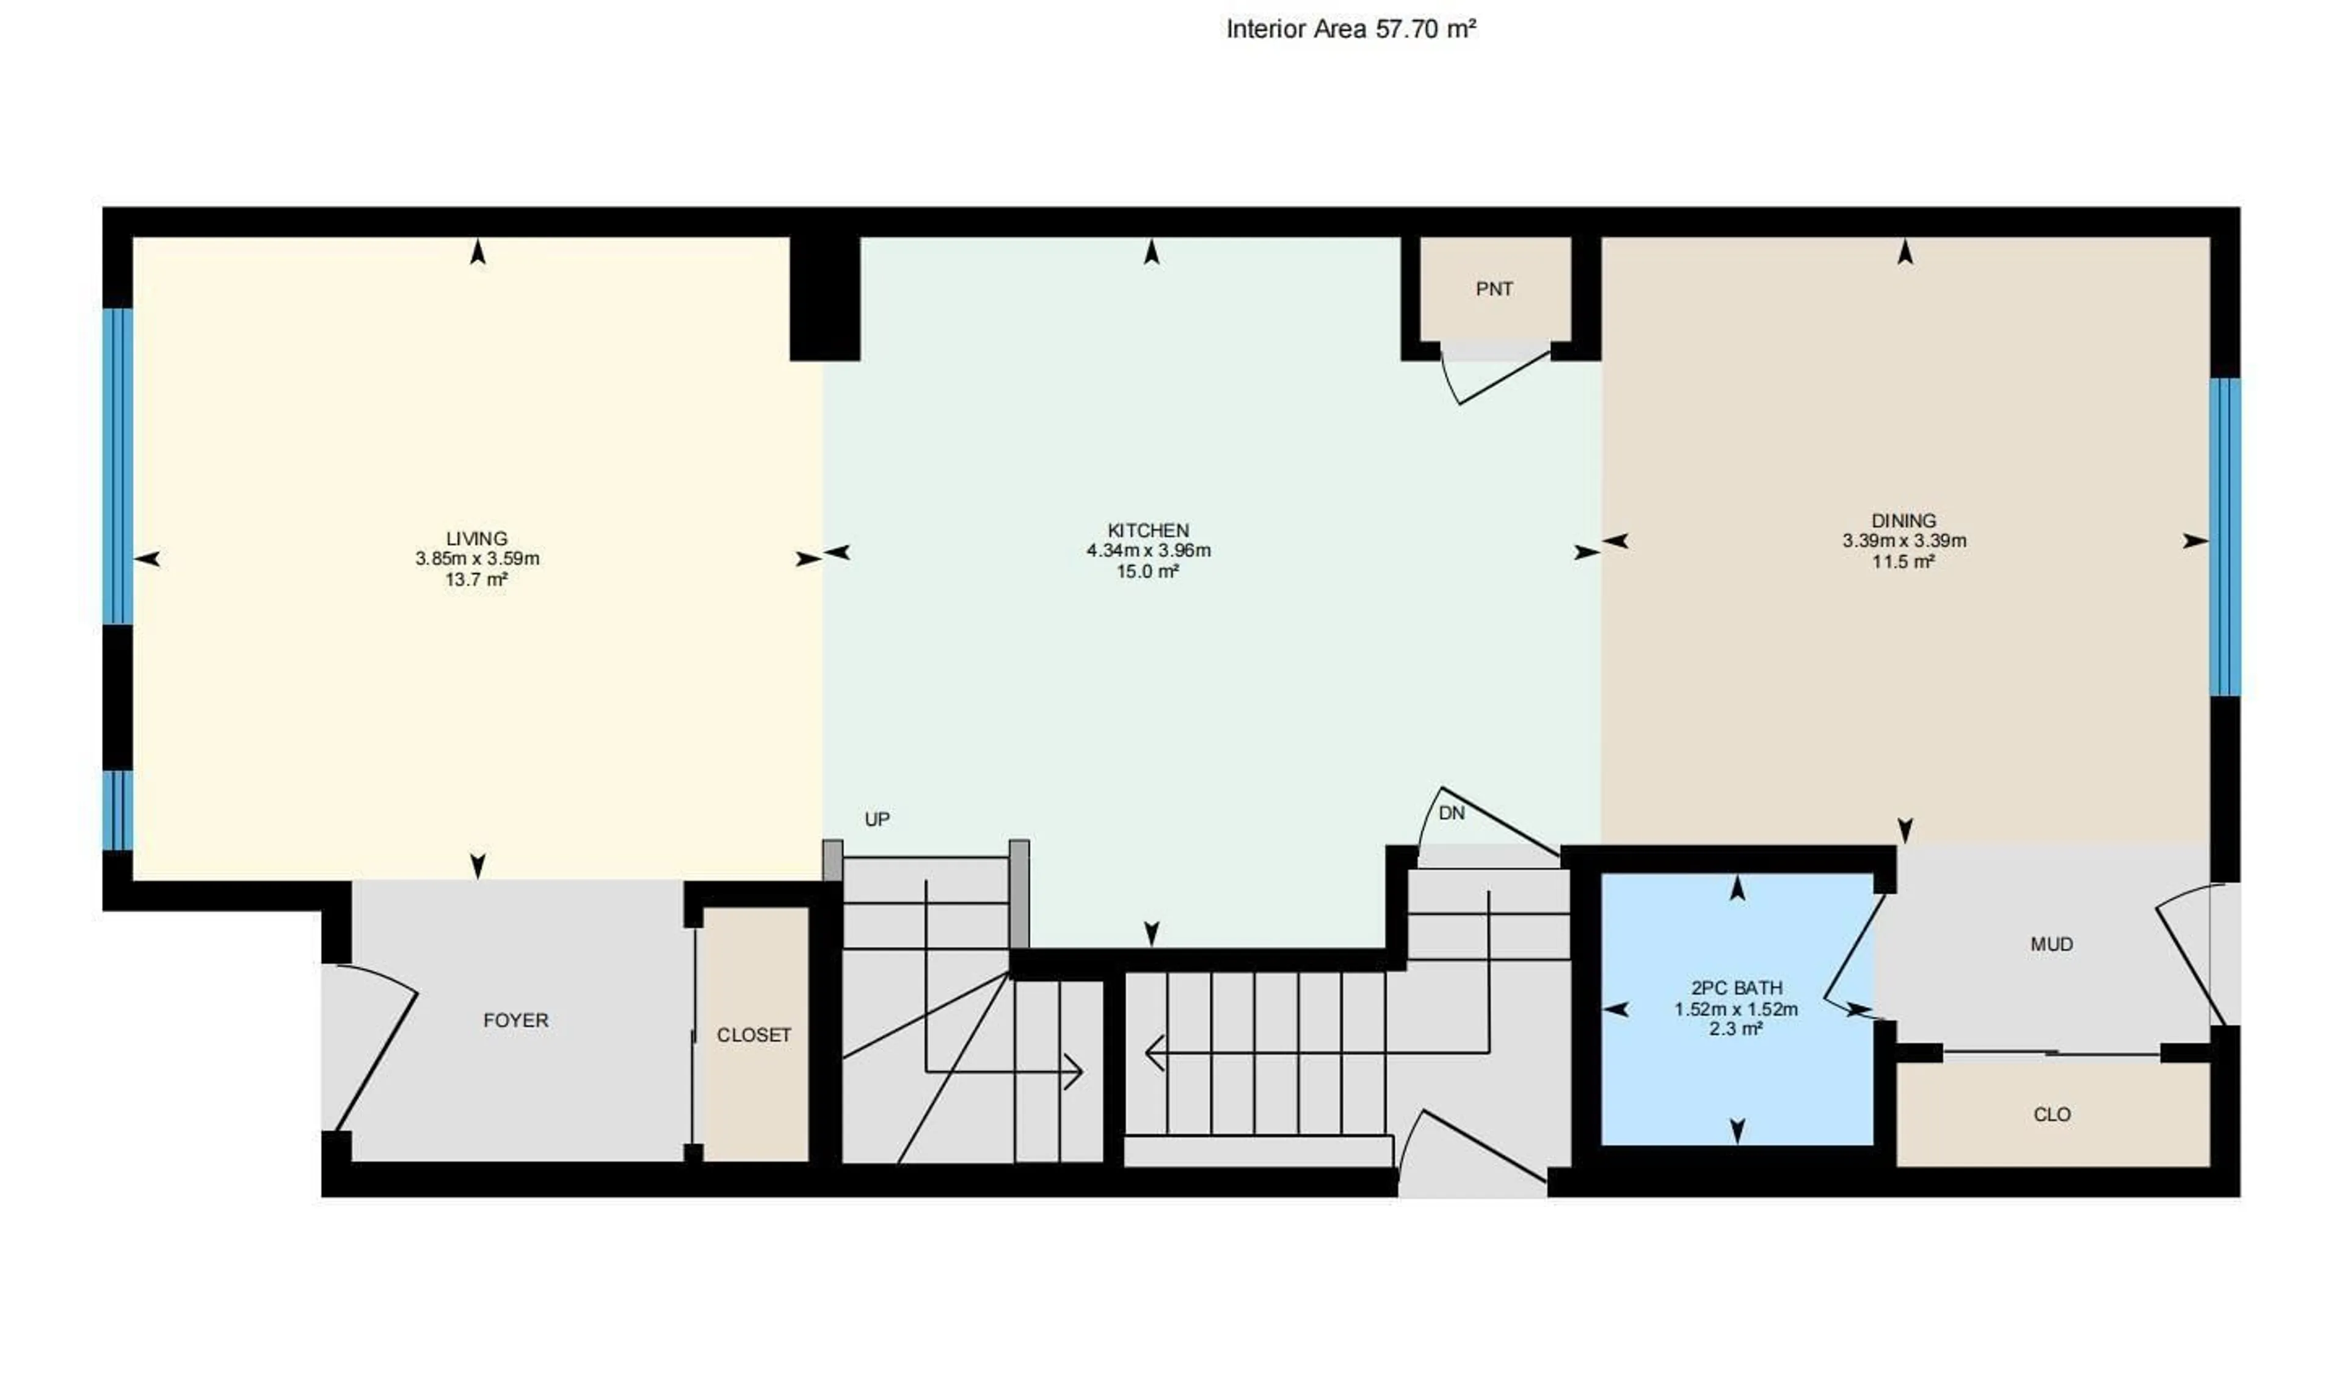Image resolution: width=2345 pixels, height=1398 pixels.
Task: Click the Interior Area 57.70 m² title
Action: click(x=1350, y=29)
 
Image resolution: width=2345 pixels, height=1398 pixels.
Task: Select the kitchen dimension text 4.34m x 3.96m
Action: click(x=1148, y=550)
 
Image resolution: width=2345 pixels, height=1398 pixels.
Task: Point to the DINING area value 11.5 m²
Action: click(x=1903, y=562)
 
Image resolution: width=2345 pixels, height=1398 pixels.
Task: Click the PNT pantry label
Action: click(x=1494, y=289)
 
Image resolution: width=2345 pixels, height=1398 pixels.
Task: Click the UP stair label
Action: click(x=877, y=820)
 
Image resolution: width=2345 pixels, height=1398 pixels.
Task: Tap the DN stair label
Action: click(x=1451, y=813)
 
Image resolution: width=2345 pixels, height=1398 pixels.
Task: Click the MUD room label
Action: click(x=2051, y=944)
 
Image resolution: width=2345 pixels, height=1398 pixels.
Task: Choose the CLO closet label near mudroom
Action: click(x=2051, y=1115)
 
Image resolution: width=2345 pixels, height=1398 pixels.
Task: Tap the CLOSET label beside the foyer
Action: click(x=754, y=1035)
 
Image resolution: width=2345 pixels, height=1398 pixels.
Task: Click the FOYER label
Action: click(x=515, y=1020)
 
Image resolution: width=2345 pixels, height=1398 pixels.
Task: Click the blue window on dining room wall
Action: click(x=2225, y=537)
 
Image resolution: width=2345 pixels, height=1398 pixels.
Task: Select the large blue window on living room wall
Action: click(x=118, y=467)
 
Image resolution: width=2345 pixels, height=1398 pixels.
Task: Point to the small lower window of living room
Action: click(x=118, y=810)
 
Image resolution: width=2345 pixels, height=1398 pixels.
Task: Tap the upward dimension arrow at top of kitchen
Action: click(x=1151, y=252)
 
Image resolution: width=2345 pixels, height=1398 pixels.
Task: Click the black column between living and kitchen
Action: click(x=824, y=297)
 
